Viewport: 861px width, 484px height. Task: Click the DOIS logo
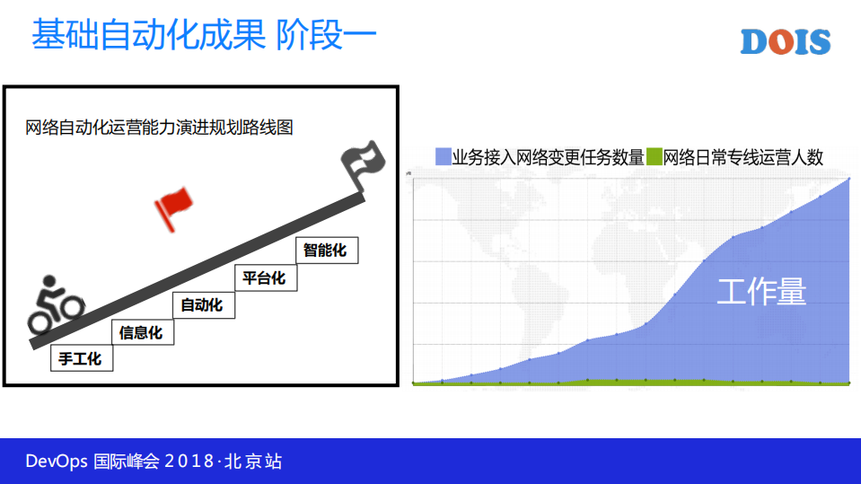[785, 42]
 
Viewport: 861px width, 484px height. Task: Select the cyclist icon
[54, 304]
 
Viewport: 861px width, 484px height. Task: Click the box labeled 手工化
[81, 359]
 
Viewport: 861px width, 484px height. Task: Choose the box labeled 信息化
[142, 332]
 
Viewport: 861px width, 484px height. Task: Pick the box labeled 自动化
[202, 305]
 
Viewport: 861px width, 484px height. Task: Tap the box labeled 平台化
[265, 278]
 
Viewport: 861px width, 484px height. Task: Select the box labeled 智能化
[326, 250]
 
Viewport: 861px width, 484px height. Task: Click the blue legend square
[443, 157]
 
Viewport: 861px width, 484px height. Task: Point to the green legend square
[654, 157]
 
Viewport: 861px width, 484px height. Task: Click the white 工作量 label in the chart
[761, 292]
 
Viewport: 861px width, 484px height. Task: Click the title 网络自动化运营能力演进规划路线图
[160, 128]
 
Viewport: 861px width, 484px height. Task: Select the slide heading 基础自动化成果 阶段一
[203, 36]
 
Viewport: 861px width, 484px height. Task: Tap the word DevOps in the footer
[56, 462]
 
